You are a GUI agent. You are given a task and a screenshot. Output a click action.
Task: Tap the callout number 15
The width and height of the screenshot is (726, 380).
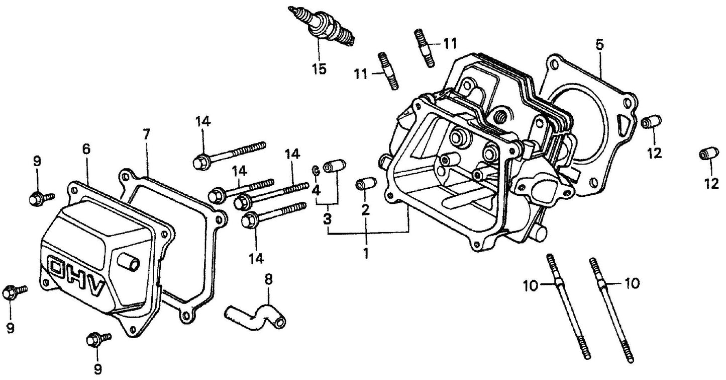coord(319,68)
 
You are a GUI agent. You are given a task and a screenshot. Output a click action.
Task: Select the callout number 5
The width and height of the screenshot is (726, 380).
coord(599,44)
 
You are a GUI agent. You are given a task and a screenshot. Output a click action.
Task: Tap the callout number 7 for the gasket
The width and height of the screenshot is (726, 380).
coord(146,135)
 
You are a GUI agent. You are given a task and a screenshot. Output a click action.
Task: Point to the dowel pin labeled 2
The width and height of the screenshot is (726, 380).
coord(365,184)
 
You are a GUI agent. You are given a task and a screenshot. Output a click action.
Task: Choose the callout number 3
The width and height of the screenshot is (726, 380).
coord(327,219)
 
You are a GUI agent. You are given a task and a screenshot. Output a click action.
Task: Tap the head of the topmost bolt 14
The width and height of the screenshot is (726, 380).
coord(200,162)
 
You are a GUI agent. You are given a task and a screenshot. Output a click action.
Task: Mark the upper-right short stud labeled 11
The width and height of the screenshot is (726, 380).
coord(425,47)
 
